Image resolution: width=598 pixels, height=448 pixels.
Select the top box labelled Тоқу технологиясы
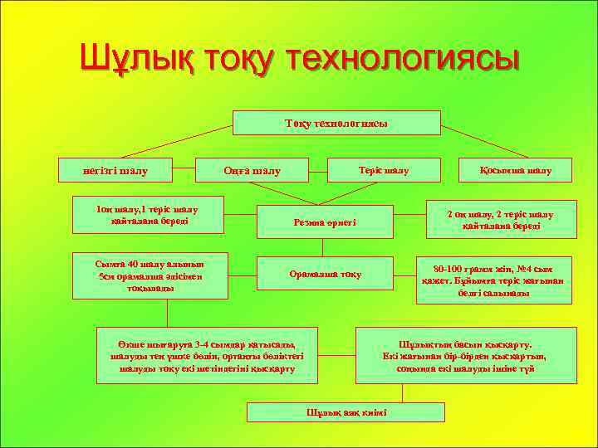point(336,123)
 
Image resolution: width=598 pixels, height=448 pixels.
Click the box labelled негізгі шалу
point(115,170)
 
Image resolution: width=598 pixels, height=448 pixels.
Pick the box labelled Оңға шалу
point(252,170)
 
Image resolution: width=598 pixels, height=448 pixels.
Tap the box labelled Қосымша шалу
point(515,170)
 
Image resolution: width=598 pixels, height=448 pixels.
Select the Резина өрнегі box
point(324,222)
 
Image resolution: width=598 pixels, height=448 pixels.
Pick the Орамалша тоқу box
point(324,274)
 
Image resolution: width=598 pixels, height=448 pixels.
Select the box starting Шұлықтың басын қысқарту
point(465,355)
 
